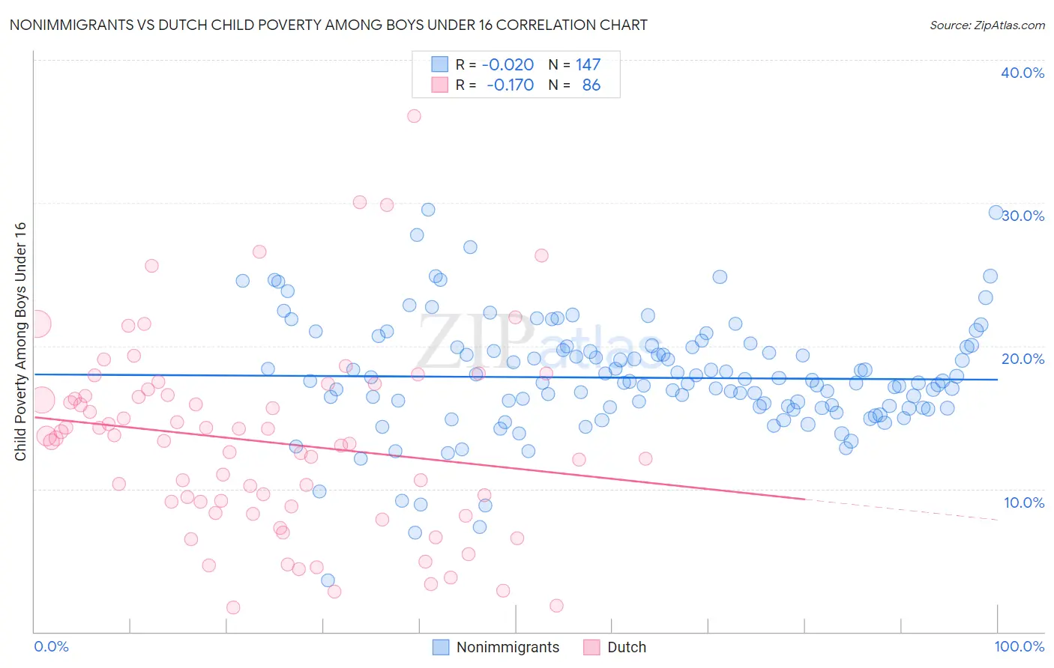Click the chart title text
click(x=328, y=25)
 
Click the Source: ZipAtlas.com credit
click(x=987, y=25)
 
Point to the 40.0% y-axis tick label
click(x=1023, y=73)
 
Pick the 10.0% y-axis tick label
click(x=1024, y=502)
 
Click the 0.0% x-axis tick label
click(x=51, y=646)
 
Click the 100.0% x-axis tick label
click(x=1020, y=646)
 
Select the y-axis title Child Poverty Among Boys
click(x=20, y=341)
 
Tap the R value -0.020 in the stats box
click(x=508, y=64)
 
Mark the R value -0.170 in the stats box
click(x=510, y=85)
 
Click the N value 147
click(x=588, y=64)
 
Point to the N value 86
click(x=591, y=85)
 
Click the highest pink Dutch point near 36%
click(x=414, y=116)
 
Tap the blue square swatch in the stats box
click(x=439, y=64)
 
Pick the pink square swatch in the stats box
click(x=439, y=85)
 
